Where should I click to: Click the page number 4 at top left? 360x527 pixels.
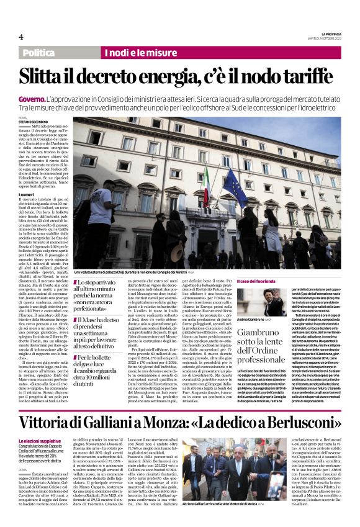tap(21, 37)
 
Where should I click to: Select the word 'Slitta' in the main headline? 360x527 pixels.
tap(47, 76)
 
